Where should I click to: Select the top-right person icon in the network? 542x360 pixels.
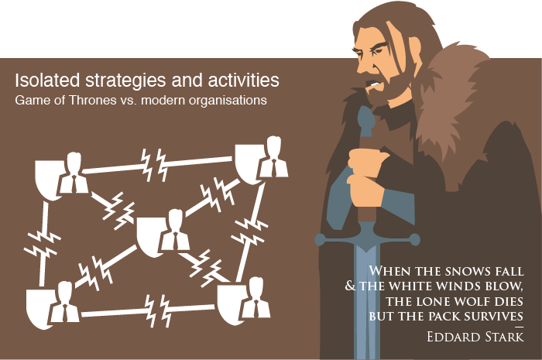tap(272, 157)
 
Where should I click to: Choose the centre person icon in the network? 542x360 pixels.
tap(174, 230)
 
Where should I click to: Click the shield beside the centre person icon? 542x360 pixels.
tap(150, 235)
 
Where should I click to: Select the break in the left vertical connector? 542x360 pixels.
tap(38, 240)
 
